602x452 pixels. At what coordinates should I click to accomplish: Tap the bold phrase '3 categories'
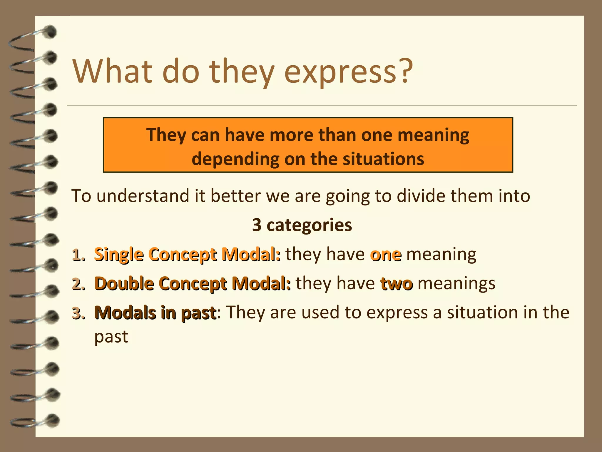pyautogui.click(x=302, y=225)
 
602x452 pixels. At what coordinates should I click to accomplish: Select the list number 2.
pyautogui.click(x=78, y=284)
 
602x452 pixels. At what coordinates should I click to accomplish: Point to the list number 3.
pyautogui.click(x=78, y=313)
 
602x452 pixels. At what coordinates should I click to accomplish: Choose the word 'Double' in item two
pyautogui.click(x=124, y=284)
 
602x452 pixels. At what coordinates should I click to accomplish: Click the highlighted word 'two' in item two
pyautogui.click(x=397, y=284)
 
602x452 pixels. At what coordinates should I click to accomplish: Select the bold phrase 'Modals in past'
pyautogui.click(x=155, y=313)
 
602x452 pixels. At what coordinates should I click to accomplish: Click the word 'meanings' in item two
pyautogui.click(x=456, y=284)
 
